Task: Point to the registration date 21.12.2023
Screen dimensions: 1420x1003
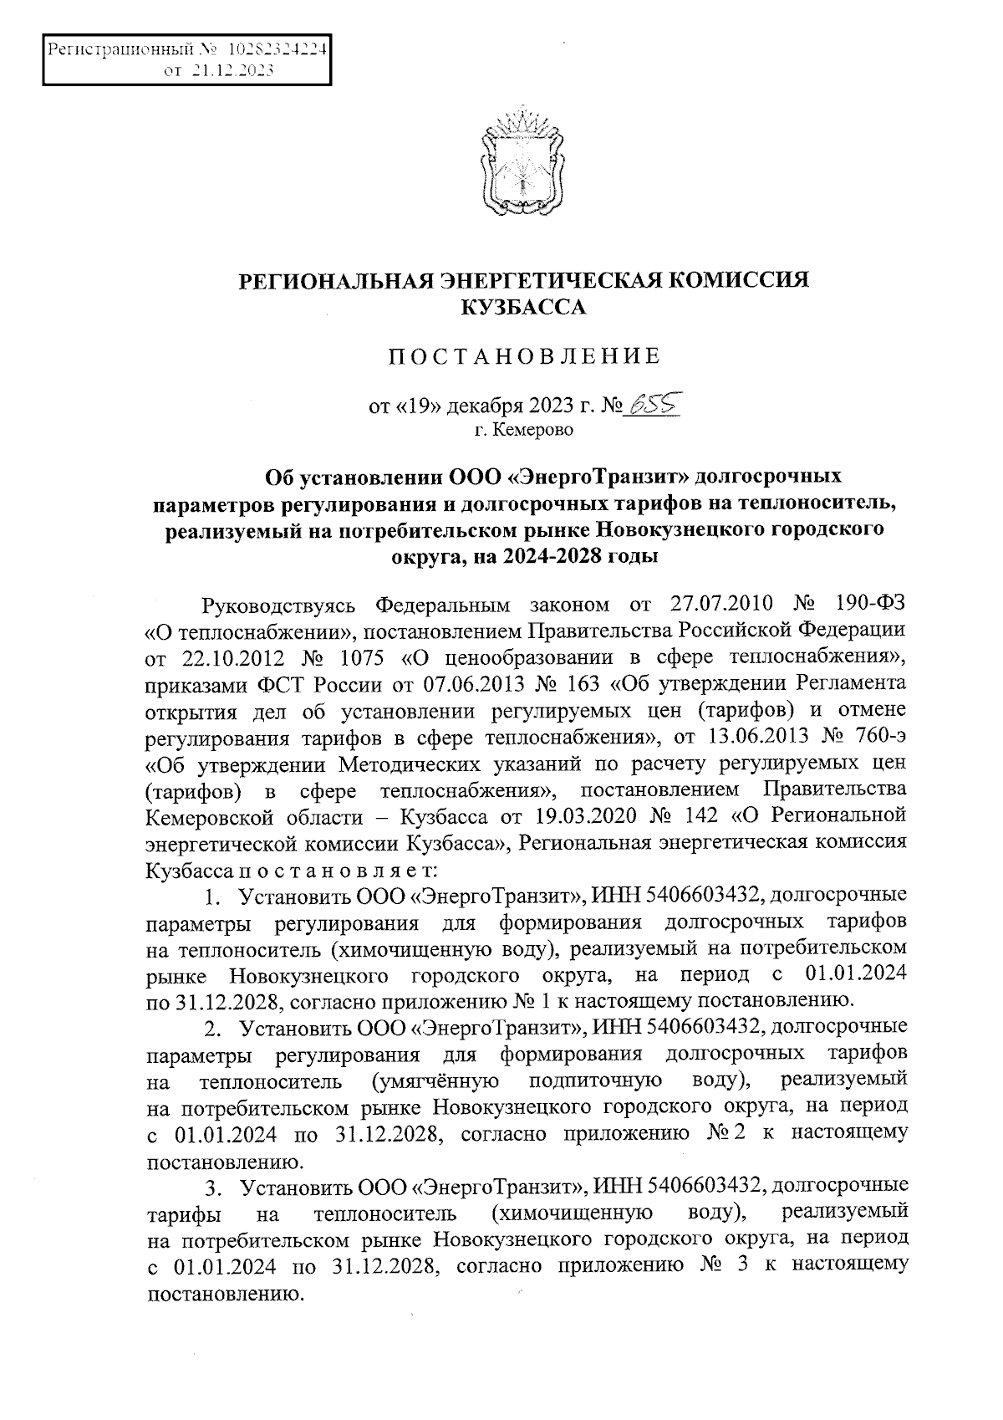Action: click(231, 72)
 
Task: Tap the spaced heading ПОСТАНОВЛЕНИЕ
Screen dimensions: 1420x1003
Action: click(523, 357)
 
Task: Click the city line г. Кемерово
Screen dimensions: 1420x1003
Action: click(523, 431)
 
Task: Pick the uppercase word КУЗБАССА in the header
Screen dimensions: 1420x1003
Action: click(523, 308)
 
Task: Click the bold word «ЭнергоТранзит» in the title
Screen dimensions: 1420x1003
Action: click(602, 477)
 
